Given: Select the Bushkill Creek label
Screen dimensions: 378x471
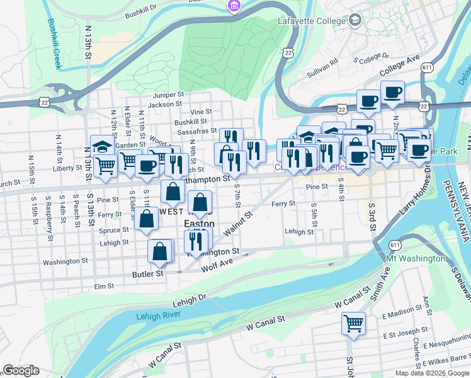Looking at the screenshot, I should [53, 35].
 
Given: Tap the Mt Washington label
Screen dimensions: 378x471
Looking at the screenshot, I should [416, 259].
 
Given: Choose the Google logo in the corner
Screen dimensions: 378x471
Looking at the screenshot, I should [21, 370].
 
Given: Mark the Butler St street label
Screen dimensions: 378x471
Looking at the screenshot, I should [147, 274].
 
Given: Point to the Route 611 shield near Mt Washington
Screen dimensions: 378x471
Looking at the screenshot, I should [395, 244].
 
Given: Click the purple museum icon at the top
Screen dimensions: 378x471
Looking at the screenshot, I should [234, 6].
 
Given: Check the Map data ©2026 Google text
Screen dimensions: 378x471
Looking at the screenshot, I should [432, 373].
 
